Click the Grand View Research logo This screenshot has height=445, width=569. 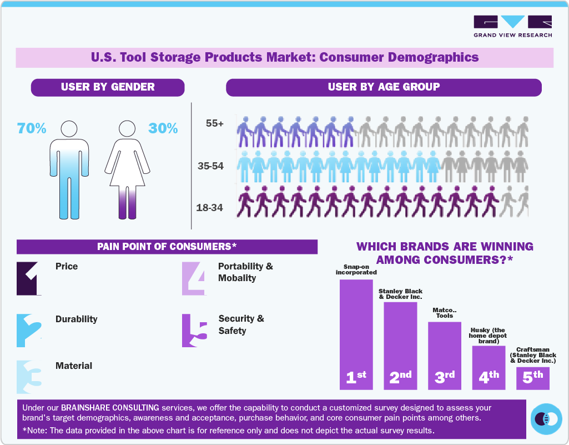[x=512, y=26]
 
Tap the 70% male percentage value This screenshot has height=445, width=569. [x=32, y=128]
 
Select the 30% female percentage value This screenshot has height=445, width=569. [x=163, y=128]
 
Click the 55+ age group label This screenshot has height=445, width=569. [x=214, y=123]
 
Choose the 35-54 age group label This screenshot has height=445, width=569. [x=210, y=166]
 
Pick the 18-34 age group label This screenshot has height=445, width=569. [x=210, y=208]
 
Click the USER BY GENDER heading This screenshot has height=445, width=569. [x=108, y=87]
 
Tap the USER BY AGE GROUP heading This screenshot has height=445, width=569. [x=384, y=87]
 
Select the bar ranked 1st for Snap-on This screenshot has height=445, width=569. [x=356, y=333]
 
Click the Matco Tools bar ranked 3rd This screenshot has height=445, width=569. [x=444, y=355]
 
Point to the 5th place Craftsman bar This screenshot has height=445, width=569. [x=533, y=378]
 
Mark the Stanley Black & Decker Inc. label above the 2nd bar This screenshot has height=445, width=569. [x=400, y=294]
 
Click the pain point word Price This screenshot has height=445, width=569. [x=67, y=267]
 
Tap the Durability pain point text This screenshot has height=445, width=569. [x=76, y=319]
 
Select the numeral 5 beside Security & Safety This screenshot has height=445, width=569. [x=195, y=331]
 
